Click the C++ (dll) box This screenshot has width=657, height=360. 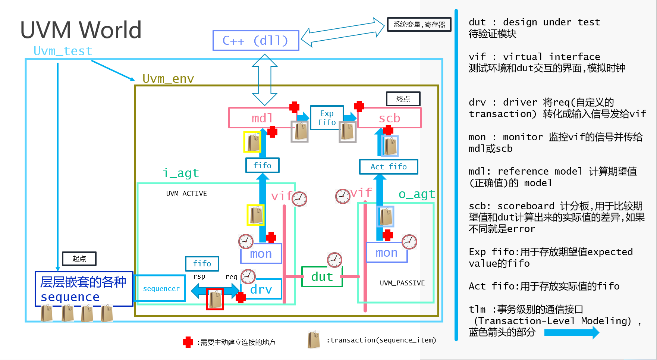coord(256,40)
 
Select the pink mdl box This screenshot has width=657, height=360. coord(261,118)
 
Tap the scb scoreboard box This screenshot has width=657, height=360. coord(389,118)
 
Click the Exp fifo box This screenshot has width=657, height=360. coord(327,118)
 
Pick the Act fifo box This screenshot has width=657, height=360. coord(388,167)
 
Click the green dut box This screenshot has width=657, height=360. coord(322,277)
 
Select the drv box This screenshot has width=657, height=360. coord(261,289)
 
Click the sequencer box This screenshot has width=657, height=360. coord(161,288)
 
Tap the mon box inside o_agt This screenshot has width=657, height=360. coord(387,253)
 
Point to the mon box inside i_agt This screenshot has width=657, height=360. coord(261,254)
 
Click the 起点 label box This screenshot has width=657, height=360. coord(79,259)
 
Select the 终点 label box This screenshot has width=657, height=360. coord(403,99)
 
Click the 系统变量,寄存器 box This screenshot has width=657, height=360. coord(419,25)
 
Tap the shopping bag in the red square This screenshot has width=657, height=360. coord(215,299)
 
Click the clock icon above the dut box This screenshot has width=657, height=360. coord(334,260)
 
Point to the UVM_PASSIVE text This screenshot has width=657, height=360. coord(402,283)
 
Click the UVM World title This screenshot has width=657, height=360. coord(81,30)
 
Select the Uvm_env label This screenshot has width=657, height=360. coord(168,79)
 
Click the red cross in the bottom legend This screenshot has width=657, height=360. coord(188,342)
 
